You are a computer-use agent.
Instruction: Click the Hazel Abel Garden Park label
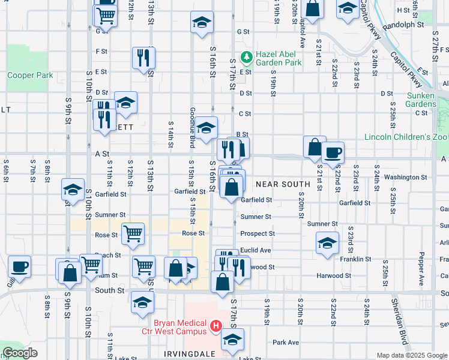tap(278, 58)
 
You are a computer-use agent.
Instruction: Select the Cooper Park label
tap(30, 76)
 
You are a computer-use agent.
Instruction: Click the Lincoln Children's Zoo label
tap(406, 137)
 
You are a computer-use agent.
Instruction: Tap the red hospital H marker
tap(216, 327)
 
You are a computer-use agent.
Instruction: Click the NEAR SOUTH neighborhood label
tap(282, 184)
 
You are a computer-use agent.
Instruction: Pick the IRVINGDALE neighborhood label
tap(189, 355)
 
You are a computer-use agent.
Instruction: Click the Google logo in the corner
tap(20, 353)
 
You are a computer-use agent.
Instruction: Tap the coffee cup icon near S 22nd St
tap(333, 152)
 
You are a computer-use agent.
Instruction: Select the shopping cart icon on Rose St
tap(132, 233)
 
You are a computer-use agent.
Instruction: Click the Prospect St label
tap(258, 233)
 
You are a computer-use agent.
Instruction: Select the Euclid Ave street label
tap(256, 250)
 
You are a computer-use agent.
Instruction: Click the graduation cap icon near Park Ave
tap(232, 340)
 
